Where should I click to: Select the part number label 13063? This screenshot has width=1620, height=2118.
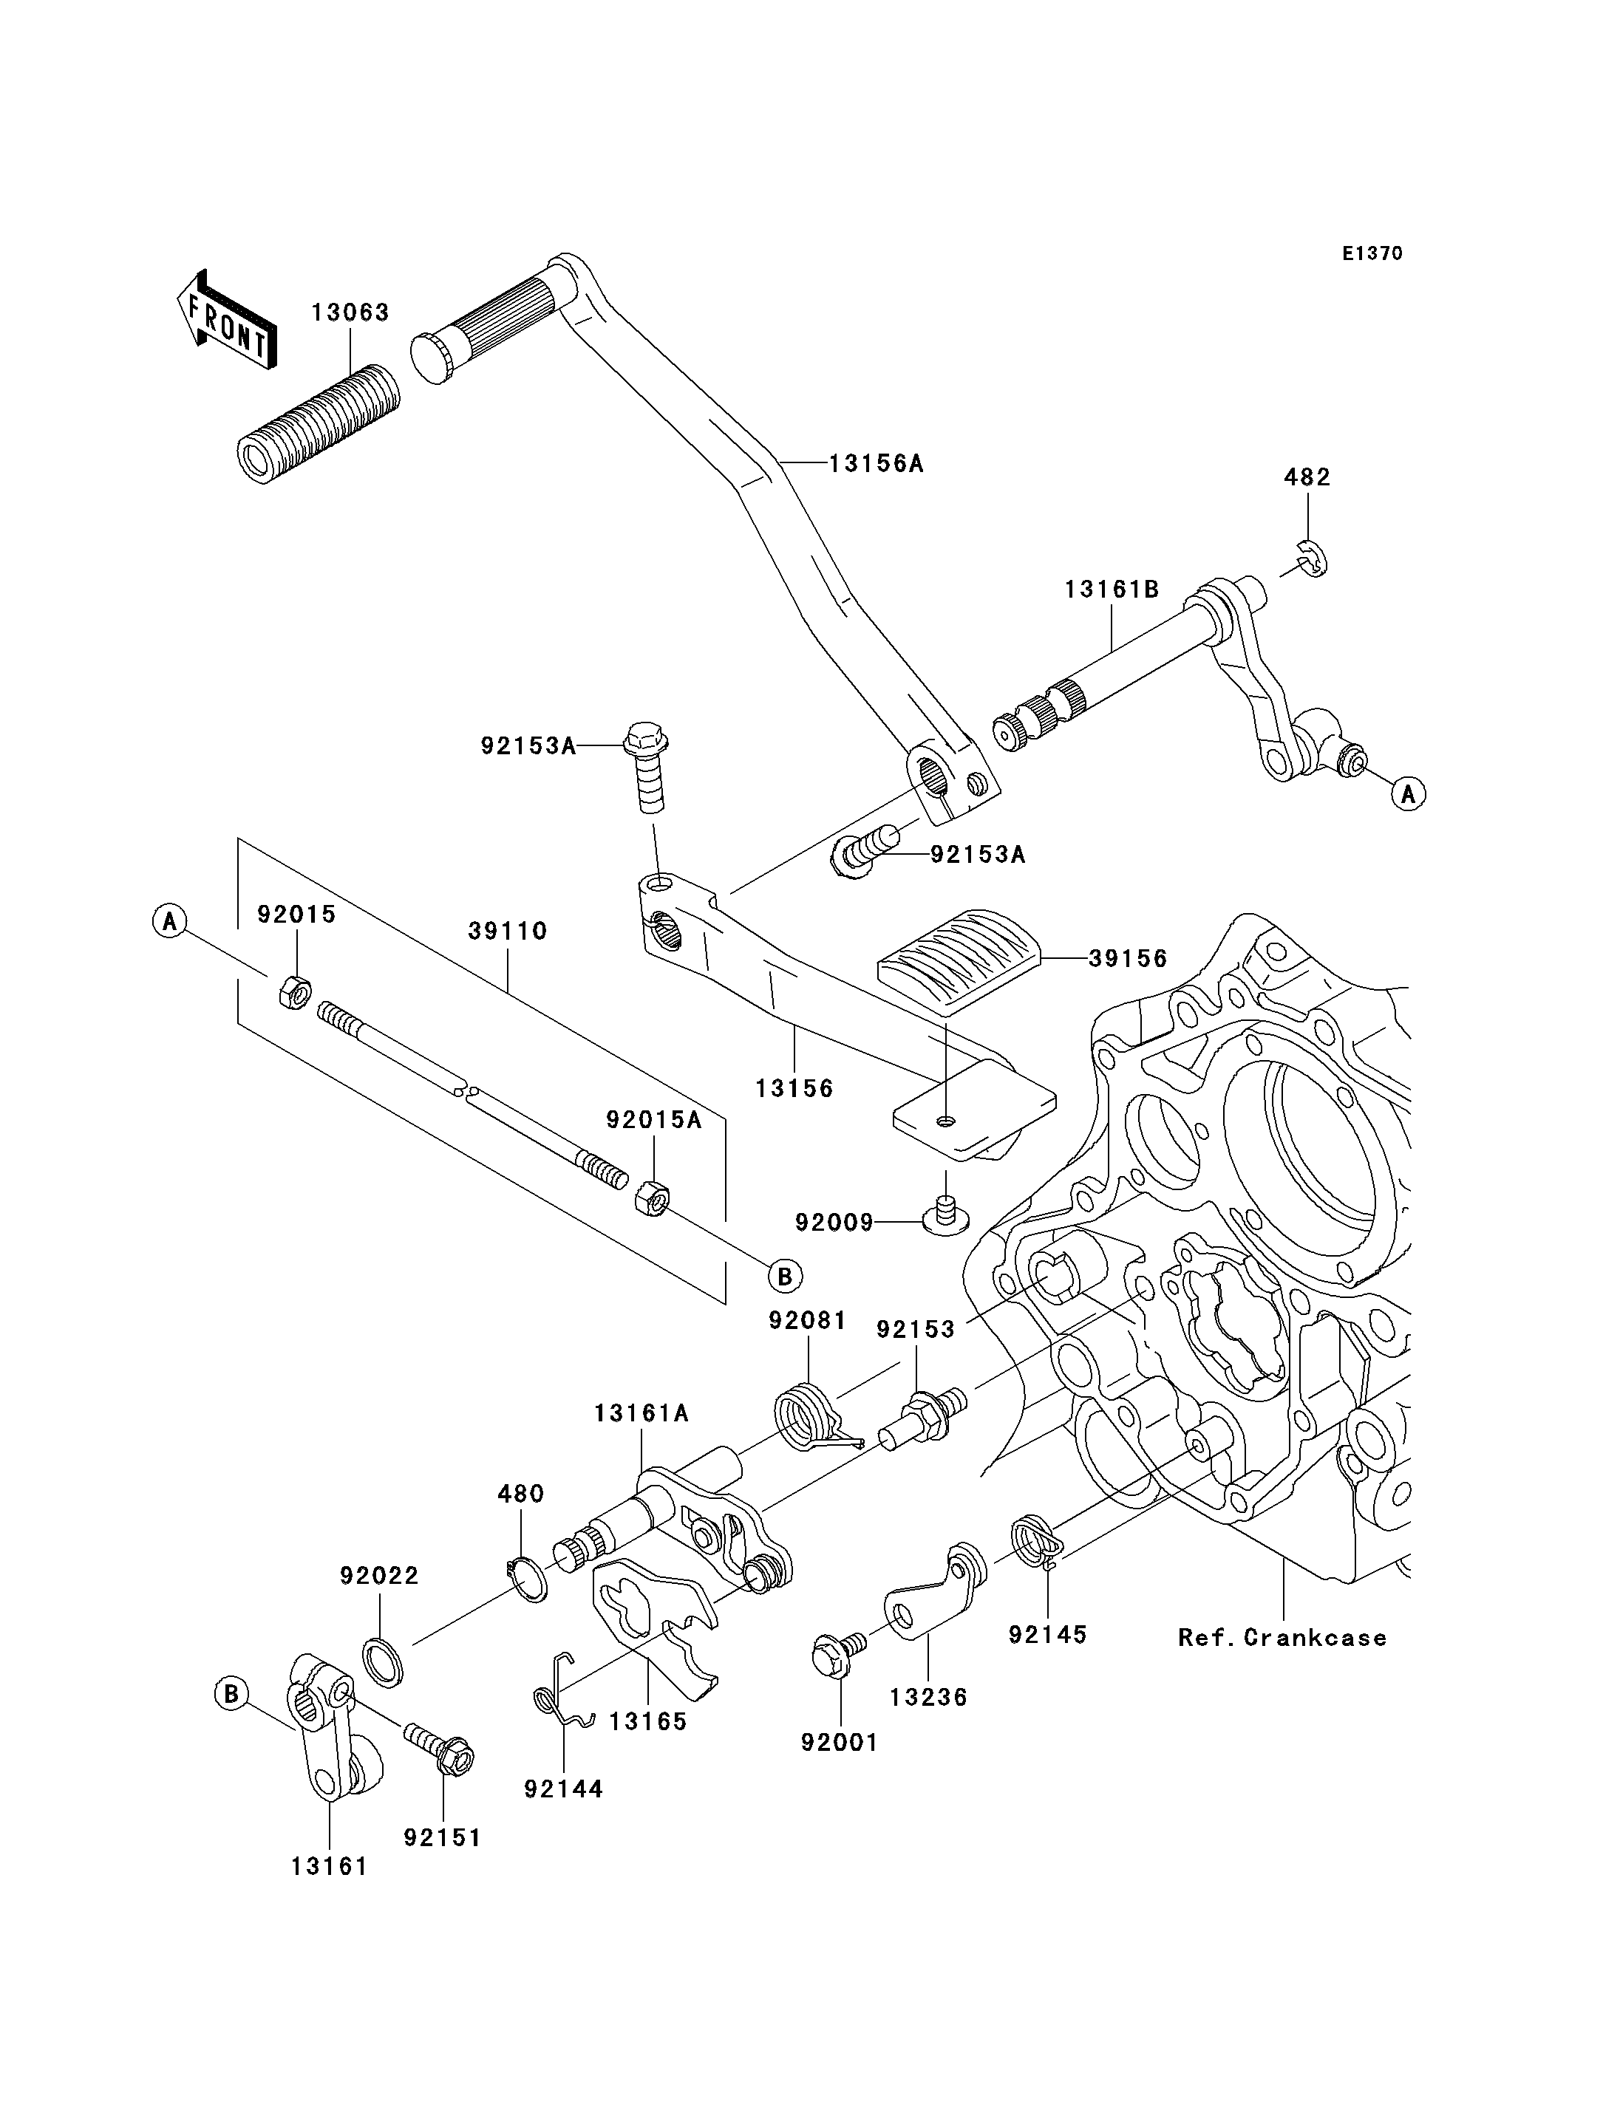[x=350, y=312]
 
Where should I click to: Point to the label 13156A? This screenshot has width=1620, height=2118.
[x=877, y=464]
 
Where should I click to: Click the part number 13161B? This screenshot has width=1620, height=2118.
[x=1112, y=589]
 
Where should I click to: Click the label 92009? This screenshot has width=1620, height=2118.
[x=834, y=1223]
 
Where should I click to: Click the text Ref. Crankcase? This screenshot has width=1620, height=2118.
[x=1282, y=1638]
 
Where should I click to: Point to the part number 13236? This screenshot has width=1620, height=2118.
[x=928, y=1697]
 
